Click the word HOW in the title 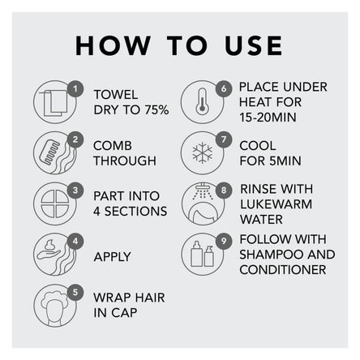tap(113, 45)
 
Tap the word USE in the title tap(254, 45)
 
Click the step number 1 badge tap(75, 88)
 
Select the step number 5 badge tap(75, 292)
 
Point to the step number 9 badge tap(224, 241)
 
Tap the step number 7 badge tap(224, 139)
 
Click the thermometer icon tap(202, 101)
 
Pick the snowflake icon tap(202, 152)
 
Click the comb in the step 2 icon tap(49, 153)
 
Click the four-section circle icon tap(55, 204)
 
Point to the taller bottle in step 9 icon tap(196, 254)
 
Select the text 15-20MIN tap(268, 118)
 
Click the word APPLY tap(113, 257)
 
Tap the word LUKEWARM tap(276, 204)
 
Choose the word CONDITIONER tap(283, 270)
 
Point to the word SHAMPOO tap(271, 255)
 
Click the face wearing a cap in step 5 tap(55, 308)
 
